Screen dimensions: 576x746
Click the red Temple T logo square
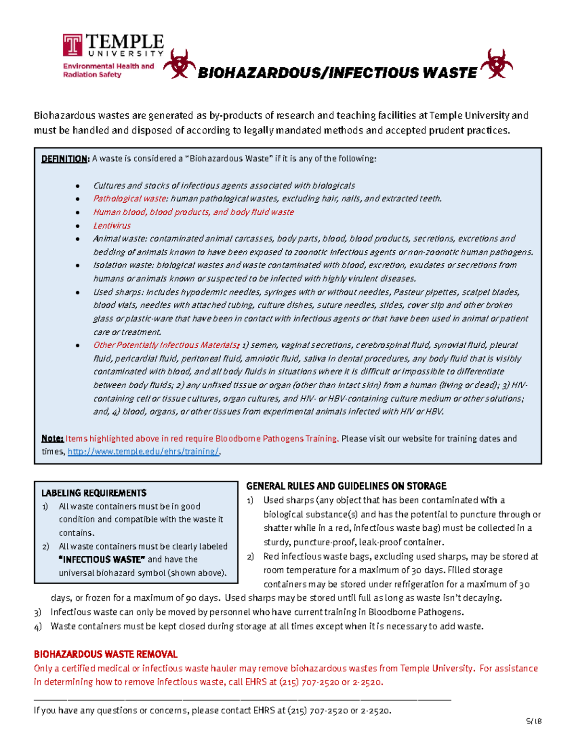tap(72, 45)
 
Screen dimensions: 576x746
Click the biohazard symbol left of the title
tap(179, 64)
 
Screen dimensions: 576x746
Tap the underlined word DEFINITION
tap(65, 159)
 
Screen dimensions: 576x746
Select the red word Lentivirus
tap(111, 225)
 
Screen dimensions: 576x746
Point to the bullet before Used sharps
tap(77, 292)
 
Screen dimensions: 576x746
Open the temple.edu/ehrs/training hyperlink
tap(143, 452)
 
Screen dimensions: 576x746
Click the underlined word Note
tap(52, 438)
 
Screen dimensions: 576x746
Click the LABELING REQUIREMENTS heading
tap(94, 493)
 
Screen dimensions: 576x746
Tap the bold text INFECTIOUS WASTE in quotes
tap(101, 560)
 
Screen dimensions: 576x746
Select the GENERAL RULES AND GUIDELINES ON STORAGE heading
tap(346, 486)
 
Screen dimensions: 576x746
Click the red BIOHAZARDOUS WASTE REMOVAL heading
tap(106, 654)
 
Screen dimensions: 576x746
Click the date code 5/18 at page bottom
tap(533, 721)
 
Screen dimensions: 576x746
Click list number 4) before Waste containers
tap(38, 626)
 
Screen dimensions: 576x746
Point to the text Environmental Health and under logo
tap(108, 66)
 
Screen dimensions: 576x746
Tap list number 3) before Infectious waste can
tap(38, 612)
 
